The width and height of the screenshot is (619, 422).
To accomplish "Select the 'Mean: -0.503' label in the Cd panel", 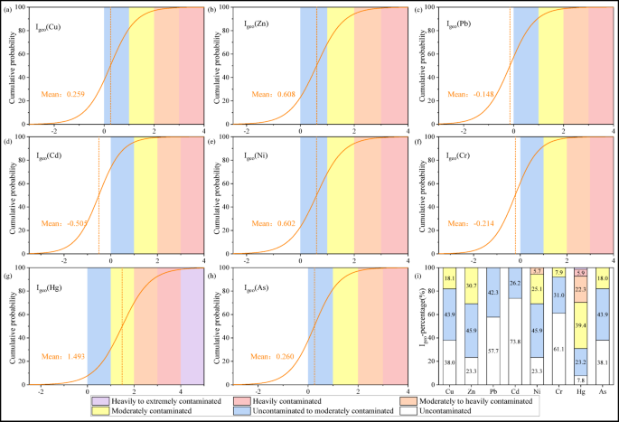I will pos(62,225).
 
